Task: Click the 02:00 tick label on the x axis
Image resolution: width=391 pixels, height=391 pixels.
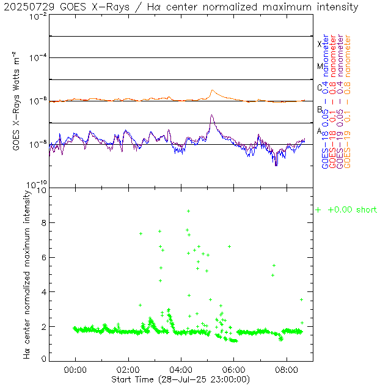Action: pos(128,370)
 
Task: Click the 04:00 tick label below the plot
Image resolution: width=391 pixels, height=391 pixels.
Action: pos(181,370)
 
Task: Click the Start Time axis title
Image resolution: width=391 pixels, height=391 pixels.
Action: pos(181,379)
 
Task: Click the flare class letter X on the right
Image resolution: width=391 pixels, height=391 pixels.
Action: pos(319,44)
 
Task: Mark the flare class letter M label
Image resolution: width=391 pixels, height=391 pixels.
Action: pos(319,66)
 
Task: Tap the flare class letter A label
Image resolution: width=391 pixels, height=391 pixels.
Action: pos(319,131)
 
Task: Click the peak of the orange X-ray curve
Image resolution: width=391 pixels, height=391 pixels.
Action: pos(213,90)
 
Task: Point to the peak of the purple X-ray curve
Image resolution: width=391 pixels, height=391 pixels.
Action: pos(211,115)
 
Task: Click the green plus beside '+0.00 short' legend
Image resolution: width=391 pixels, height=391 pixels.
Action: pos(318,210)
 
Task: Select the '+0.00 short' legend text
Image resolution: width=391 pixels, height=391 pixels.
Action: pos(353,210)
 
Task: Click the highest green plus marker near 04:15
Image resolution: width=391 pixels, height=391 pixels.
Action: pos(189,211)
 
